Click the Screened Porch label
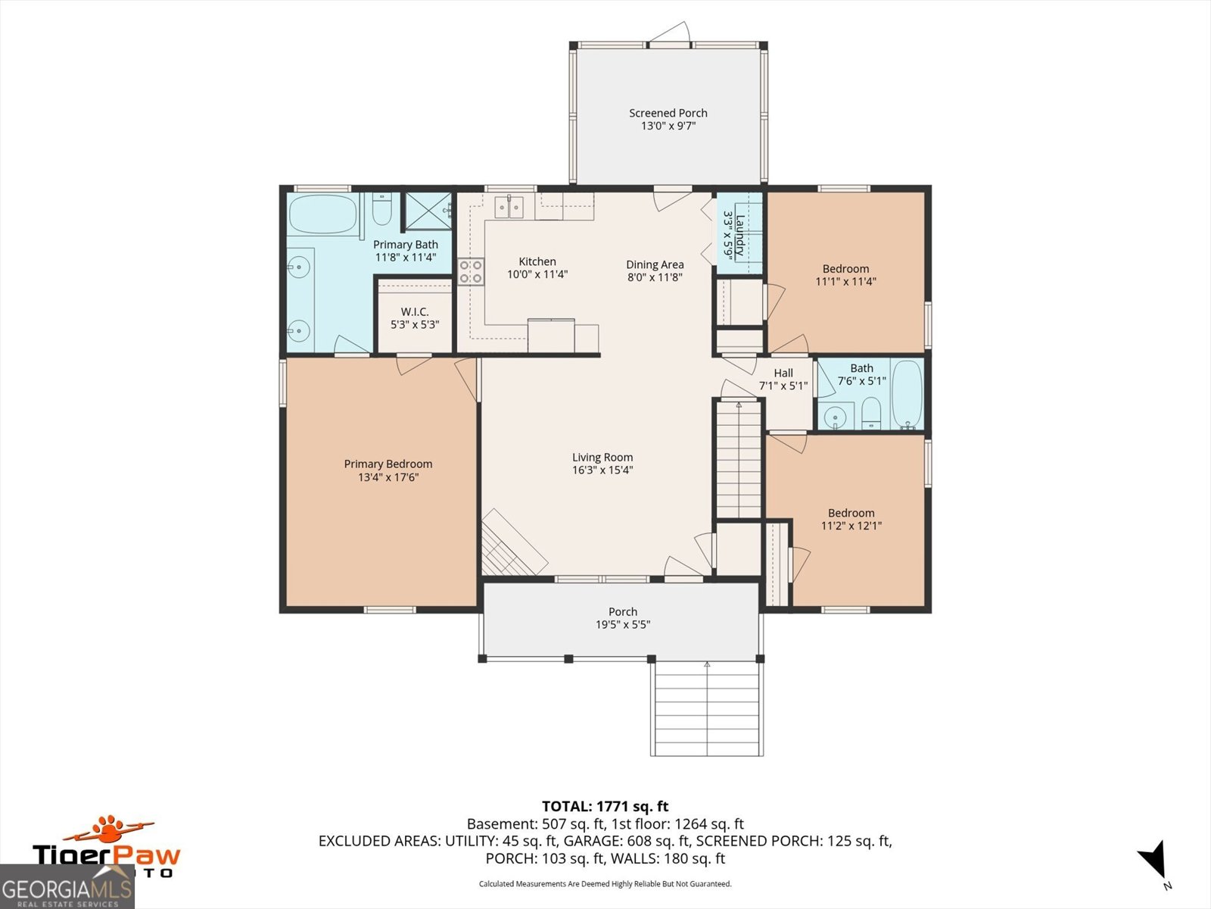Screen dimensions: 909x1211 click(668, 113)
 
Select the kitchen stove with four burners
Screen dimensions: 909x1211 click(471, 271)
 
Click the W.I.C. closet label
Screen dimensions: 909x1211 click(415, 311)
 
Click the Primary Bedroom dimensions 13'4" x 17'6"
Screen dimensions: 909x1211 click(388, 477)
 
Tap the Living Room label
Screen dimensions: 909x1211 click(602, 457)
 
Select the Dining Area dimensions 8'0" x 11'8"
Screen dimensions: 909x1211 click(655, 277)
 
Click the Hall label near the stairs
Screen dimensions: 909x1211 click(783, 373)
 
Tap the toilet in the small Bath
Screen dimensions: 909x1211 click(871, 413)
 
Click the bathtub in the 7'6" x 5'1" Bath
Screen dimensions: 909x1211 click(907, 394)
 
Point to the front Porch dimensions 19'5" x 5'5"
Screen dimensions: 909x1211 click(622, 625)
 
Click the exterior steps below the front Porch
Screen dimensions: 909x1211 click(706, 708)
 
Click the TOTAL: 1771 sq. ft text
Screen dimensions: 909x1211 click(605, 807)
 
